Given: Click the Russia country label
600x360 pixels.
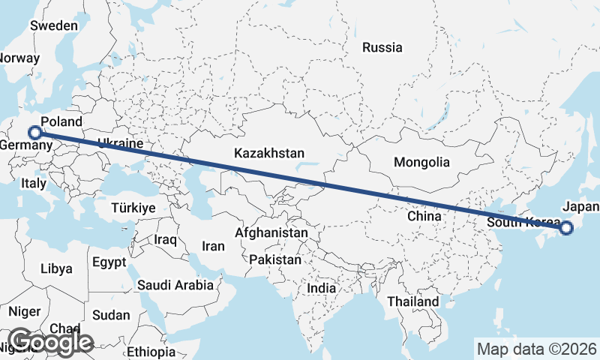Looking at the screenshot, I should (382, 47).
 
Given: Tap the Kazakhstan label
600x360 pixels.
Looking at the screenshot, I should (268, 153).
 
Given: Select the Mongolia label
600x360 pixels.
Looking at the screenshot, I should (421, 162).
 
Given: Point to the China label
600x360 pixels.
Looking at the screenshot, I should (423, 215).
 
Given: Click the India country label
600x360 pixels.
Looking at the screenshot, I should (322, 288).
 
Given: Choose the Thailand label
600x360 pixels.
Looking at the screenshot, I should (413, 301).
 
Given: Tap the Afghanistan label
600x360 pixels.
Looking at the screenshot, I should (271, 233).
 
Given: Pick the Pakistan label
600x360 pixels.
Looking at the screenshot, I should (275, 260).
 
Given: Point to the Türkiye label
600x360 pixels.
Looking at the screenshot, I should (133, 208).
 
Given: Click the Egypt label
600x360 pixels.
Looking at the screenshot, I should (110, 262).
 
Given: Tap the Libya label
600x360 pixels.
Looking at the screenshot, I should (56, 268).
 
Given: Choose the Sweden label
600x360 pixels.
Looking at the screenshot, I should (54, 25).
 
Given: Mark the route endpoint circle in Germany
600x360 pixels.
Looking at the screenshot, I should (34, 132).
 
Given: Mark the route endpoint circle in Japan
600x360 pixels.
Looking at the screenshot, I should (566, 228).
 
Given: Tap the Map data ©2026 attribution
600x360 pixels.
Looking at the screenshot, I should (537, 349).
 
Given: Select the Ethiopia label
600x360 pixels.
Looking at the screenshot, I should (151, 351).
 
